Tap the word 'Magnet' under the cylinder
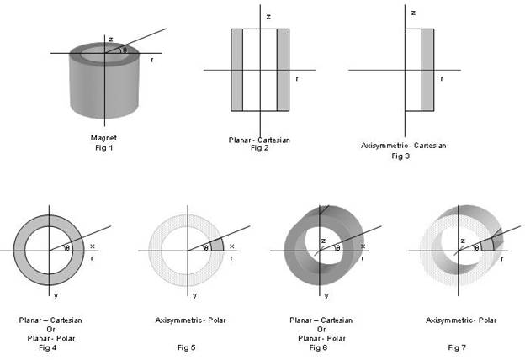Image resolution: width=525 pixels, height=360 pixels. tap(103, 137)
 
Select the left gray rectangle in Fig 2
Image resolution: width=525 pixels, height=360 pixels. tap(237, 70)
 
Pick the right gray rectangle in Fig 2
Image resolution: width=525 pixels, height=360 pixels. tap(283, 70)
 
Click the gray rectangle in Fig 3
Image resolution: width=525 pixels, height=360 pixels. tap(427, 70)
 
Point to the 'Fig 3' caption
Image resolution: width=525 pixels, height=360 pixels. tap(403, 156)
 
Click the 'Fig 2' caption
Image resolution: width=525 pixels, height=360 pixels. tap(258, 148)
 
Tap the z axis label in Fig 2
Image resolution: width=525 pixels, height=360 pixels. tap(268, 16)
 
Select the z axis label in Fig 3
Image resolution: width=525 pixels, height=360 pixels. tap(412, 13)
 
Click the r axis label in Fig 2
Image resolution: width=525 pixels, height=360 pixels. tap(297, 79)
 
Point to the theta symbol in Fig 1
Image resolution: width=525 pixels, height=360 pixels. tap(125, 50)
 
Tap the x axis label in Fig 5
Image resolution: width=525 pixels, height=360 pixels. tap(231, 246)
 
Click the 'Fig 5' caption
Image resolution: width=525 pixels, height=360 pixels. tap(190, 347)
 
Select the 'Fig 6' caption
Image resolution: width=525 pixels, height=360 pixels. tap(321, 347)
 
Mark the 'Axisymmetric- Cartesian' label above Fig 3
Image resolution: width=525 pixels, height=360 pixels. tap(402, 146)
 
